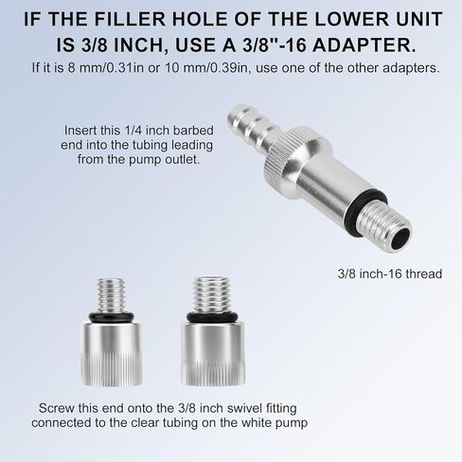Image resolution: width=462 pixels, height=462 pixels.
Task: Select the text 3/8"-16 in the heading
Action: [x=275, y=44]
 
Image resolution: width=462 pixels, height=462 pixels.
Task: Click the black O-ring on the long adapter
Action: [x=366, y=205]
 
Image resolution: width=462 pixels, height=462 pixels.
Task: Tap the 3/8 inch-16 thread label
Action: [x=390, y=274]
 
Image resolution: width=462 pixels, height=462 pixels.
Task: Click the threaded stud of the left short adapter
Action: [x=112, y=295]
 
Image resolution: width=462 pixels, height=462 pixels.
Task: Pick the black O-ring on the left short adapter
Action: [x=112, y=317]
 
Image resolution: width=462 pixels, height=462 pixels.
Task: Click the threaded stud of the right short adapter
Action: [x=211, y=294]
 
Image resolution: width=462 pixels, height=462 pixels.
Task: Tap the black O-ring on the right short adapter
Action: [x=211, y=317]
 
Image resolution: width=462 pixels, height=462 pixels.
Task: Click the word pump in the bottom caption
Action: [x=291, y=423]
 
